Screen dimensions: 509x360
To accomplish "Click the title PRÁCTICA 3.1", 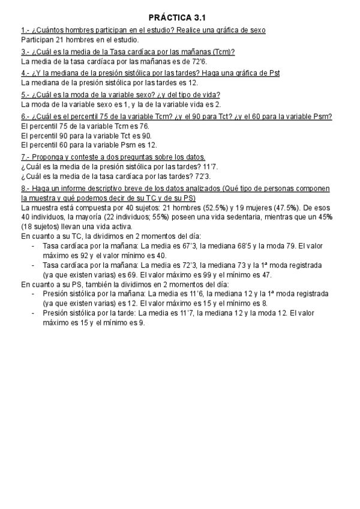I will click(180, 18).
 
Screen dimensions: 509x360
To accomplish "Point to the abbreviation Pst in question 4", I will click(273, 73).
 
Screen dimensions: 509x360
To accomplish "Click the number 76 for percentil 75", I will click(144, 127).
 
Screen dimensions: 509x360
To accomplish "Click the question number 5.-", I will click(26, 94).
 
